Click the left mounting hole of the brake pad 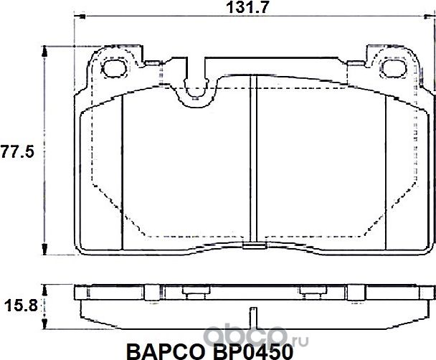115,69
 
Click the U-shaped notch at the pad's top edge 194,90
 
